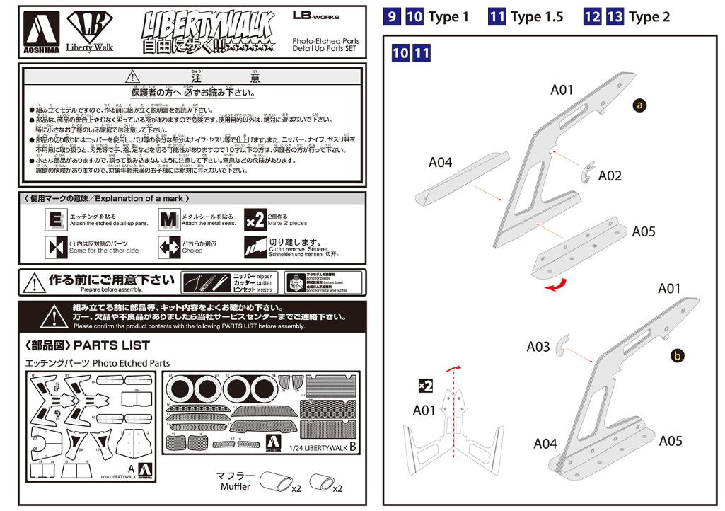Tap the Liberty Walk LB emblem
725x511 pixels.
click(x=90, y=28)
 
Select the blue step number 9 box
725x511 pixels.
click(x=392, y=16)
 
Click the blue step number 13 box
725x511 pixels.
click(x=615, y=16)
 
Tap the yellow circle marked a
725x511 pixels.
click(x=639, y=105)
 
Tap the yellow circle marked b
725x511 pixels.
click(x=677, y=356)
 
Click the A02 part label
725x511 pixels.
click(x=610, y=176)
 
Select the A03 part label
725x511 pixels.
click(x=538, y=347)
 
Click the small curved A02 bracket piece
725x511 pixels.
click(x=586, y=173)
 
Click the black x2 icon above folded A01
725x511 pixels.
click(x=425, y=386)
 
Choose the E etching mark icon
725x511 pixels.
click(x=55, y=221)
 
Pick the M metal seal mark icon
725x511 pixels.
click(x=168, y=221)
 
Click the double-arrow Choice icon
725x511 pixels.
click(x=168, y=247)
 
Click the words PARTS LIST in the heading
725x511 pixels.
click(x=112, y=345)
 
